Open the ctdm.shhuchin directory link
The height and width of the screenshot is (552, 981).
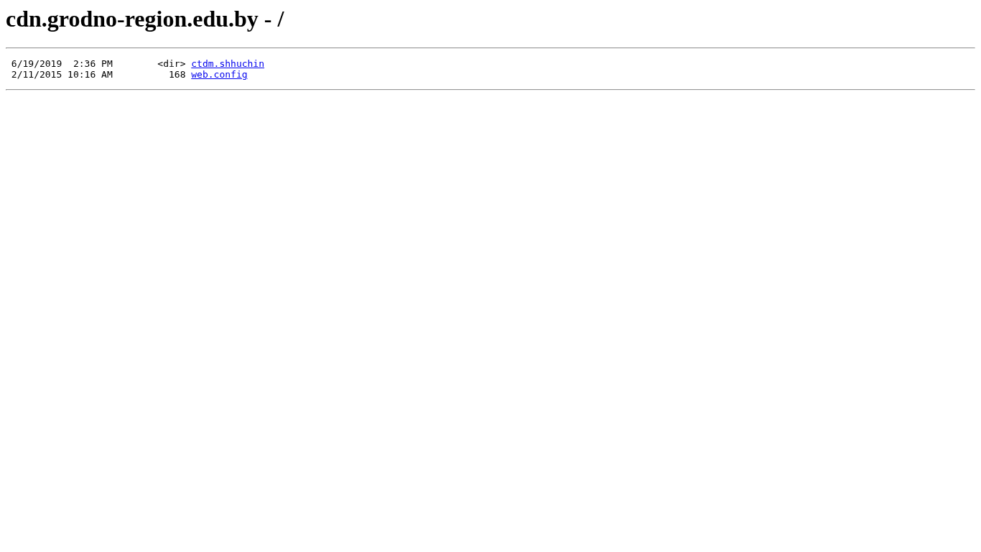click(227, 64)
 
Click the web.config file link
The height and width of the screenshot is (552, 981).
click(219, 75)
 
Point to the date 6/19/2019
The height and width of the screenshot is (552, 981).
click(37, 64)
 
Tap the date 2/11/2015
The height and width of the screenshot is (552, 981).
click(37, 75)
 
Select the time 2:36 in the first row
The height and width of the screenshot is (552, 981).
click(85, 64)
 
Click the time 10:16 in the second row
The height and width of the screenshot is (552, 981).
click(81, 75)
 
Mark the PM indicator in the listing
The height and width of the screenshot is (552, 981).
click(107, 64)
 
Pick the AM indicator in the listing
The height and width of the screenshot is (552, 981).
click(107, 75)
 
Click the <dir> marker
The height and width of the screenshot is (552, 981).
click(172, 64)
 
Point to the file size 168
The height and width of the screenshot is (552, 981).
click(177, 75)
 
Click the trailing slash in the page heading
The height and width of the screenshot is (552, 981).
click(281, 19)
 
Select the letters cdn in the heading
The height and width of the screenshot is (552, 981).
click(24, 19)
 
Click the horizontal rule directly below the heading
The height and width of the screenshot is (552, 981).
click(490, 47)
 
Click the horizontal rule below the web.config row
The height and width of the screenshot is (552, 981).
click(490, 89)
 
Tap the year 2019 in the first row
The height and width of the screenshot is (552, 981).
click(51, 64)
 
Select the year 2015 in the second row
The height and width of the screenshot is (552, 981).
click(51, 75)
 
